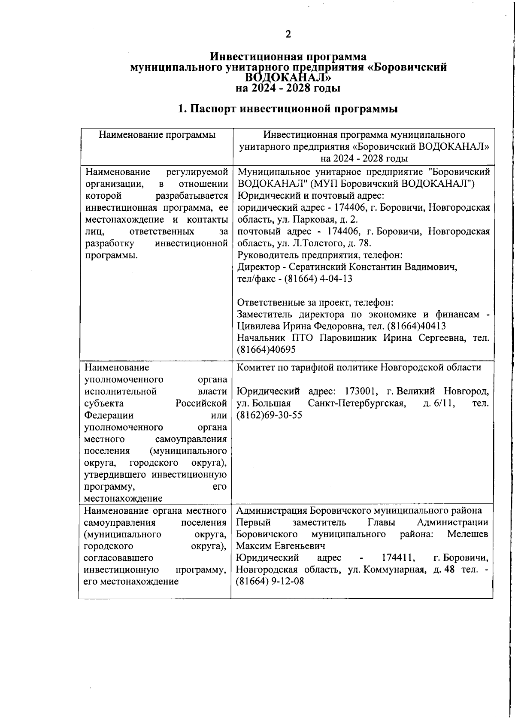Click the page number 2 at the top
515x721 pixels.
[288, 34]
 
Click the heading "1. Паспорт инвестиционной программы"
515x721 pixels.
[288, 109]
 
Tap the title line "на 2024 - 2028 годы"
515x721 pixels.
[288, 88]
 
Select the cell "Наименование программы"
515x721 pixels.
[157, 135]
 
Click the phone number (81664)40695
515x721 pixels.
[266, 350]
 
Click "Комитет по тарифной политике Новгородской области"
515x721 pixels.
[358, 367]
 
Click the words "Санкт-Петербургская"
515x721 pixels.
[357, 403]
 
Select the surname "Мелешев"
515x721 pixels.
[467, 534]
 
